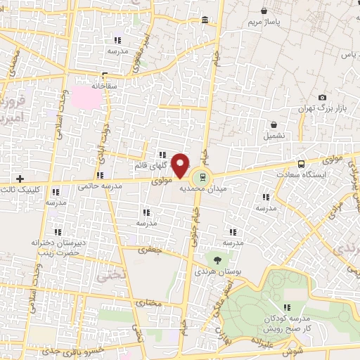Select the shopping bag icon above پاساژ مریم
click(264, 12)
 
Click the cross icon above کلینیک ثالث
click(20, 179)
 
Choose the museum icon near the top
click(205, 20)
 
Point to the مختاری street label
click(148, 304)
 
